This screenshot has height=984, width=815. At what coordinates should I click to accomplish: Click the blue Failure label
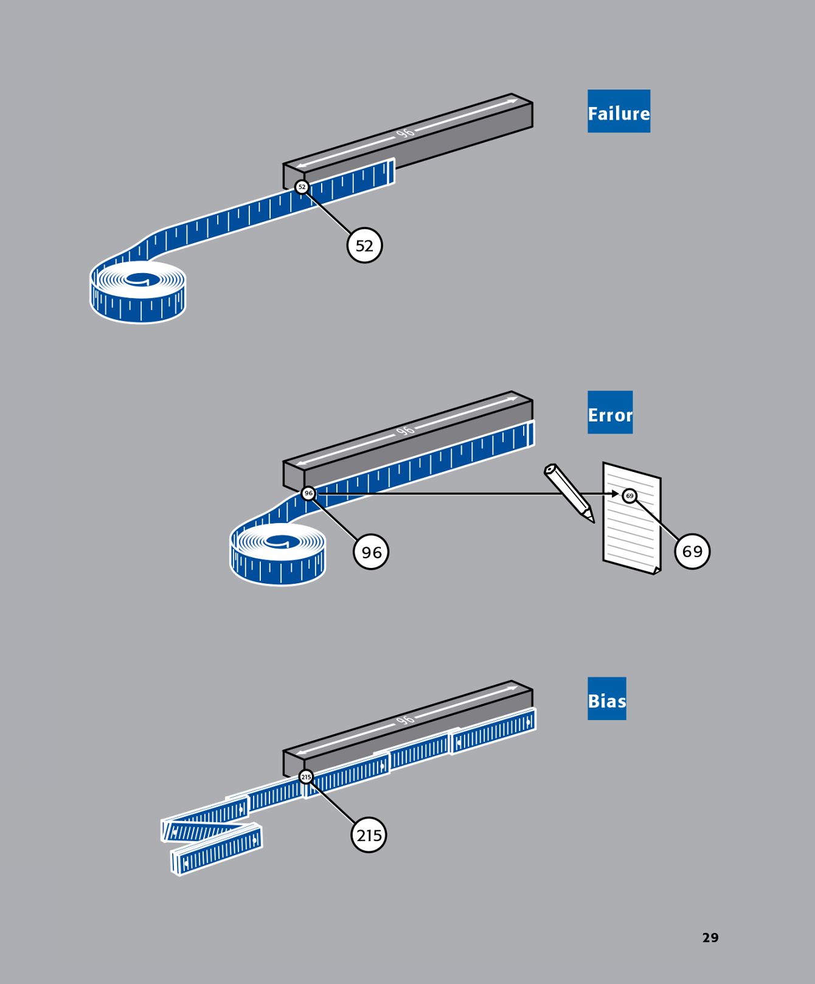pyautogui.click(x=619, y=111)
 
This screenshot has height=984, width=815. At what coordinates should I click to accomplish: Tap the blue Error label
pyautogui.click(x=610, y=412)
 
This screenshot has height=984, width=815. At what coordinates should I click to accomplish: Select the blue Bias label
pyautogui.click(x=606, y=699)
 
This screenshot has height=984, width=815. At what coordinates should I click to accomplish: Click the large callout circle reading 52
pyautogui.click(x=364, y=246)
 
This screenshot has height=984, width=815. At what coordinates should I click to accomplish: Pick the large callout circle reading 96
pyautogui.click(x=371, y=552)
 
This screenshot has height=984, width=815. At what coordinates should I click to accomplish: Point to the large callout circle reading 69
pyautogui.click(x=692, y=552)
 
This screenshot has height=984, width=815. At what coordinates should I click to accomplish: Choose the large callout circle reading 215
pyautogui.click(x=369, y=835)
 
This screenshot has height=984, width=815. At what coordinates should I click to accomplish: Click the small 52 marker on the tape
pyautogui.click(x=302, y=187)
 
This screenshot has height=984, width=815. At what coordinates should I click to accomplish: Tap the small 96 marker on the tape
pyautogui.click(x=308, y=493)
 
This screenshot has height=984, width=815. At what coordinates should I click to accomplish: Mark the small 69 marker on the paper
pyautogui.click(x=629, y=496)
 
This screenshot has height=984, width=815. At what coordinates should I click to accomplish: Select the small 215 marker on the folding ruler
pyautogui.click(x=306, y=777)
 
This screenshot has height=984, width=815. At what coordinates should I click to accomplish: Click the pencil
pyautogui.click(x=569, y=492)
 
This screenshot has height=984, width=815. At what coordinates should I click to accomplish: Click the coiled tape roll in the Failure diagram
pyautogui.click(x=138, y=292)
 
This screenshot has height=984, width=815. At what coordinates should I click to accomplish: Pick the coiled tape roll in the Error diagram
pyautogui.click(x=278, y=553)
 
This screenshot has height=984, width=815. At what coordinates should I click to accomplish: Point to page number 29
pyautogui.click(x=710, y=938)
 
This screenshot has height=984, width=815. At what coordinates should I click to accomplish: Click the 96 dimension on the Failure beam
pyautogui.click(x=405, y=133)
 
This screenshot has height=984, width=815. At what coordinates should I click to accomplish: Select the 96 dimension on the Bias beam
pyautogui.click(x=405, y=720)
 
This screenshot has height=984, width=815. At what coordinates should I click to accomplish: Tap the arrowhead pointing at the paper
pyautogui.click(x=615, y=494)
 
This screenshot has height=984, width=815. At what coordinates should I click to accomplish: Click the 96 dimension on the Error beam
pyautogui.click(x=405, y=431)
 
